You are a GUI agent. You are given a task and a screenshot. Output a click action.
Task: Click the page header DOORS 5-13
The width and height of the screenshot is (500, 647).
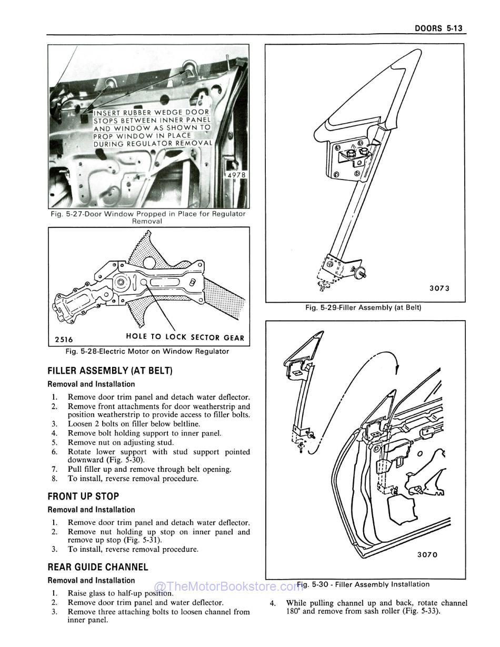[x=438, y=28]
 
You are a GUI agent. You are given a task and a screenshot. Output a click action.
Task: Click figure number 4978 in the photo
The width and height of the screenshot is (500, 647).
[x=236, y=175]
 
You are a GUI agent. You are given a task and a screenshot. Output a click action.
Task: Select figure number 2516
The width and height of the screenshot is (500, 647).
[x=64, y=340]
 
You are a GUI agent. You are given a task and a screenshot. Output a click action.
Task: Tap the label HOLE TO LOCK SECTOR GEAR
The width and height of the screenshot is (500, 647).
[x=185, y=337]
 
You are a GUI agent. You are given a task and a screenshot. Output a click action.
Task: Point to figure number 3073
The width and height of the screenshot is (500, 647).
[x=439, y=288]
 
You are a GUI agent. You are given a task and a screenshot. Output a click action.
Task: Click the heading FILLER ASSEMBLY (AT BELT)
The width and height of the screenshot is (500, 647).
[x=110, y=371]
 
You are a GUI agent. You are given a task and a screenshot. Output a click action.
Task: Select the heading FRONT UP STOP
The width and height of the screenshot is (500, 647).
[x=83, y=496]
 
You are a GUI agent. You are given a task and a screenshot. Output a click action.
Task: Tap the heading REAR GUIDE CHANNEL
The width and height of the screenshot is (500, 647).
[x=98, y=567]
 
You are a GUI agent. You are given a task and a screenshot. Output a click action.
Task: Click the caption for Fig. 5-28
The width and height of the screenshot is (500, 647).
[x=147, y=351]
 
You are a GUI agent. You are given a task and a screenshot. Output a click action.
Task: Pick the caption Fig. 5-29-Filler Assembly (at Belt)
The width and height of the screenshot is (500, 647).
[x=363, y=307]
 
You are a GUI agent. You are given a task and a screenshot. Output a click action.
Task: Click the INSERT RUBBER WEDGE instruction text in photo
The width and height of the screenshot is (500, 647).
[x=153, y=127]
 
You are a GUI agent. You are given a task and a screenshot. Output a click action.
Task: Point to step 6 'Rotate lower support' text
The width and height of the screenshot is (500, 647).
[x=158, y=456]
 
